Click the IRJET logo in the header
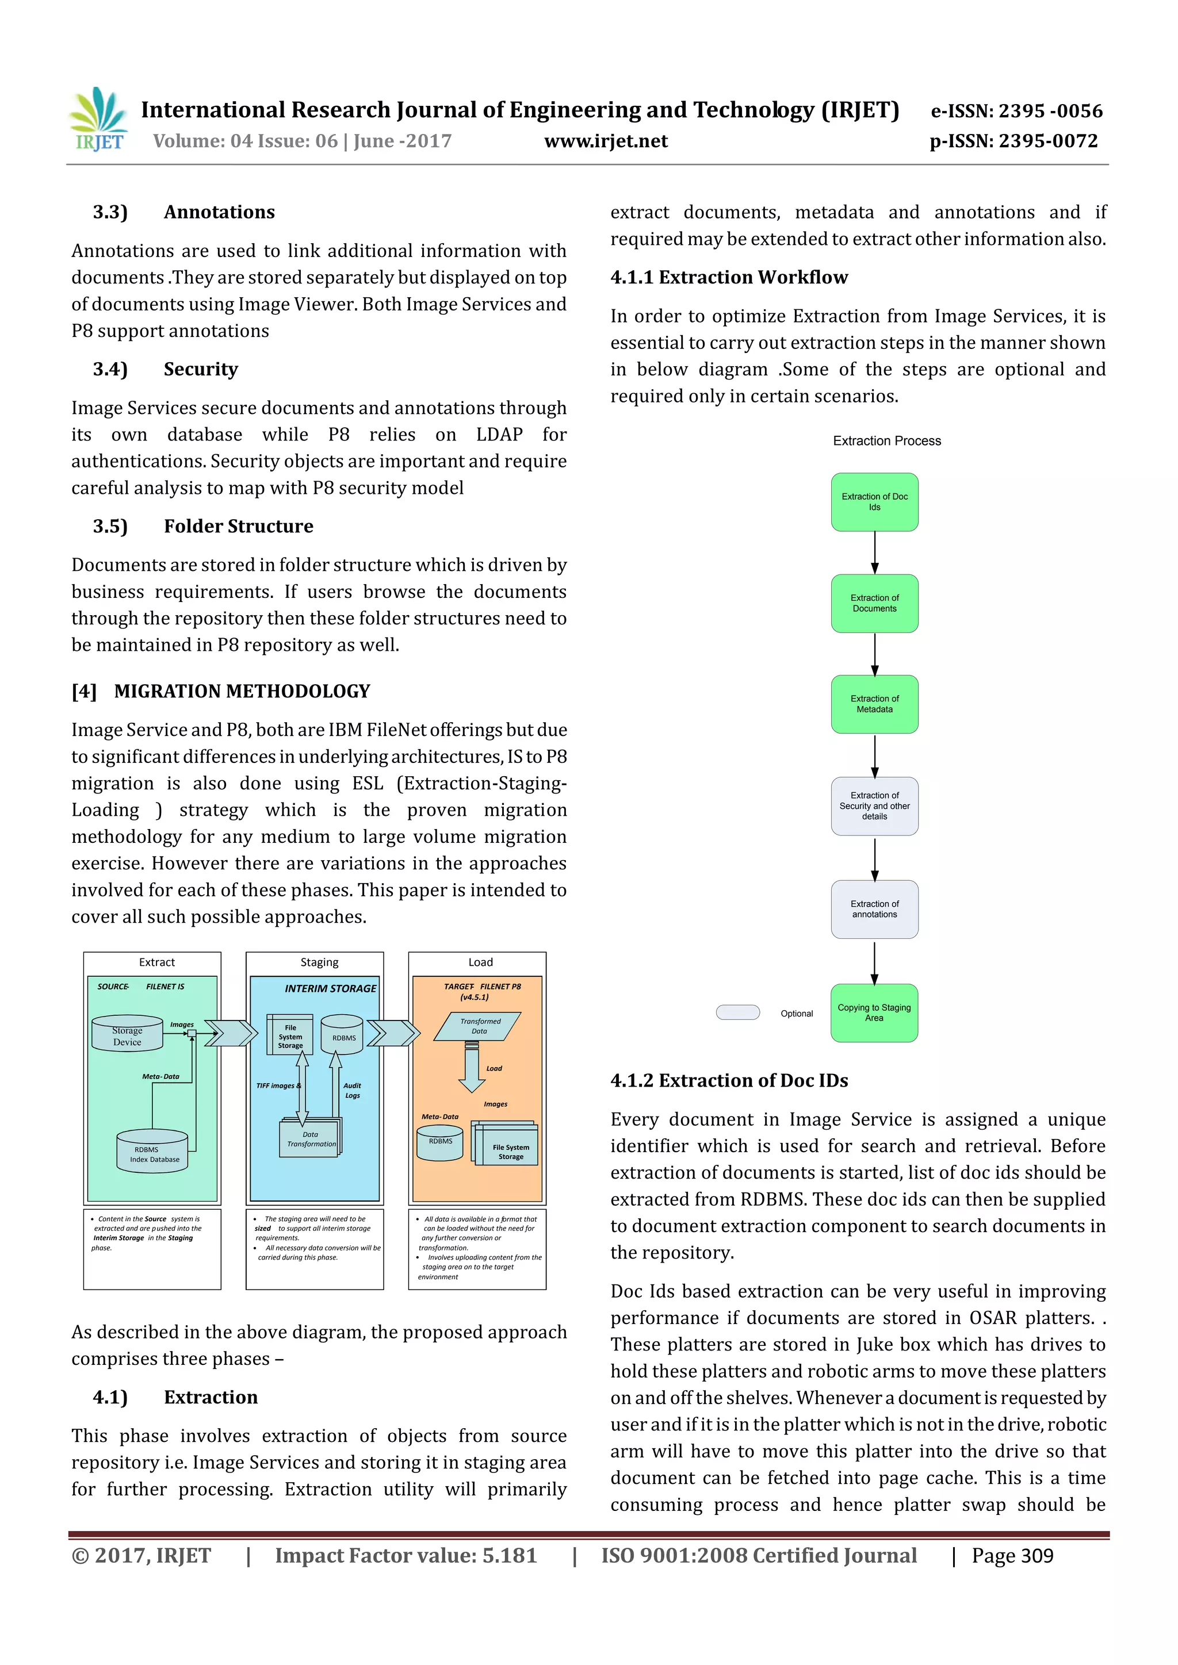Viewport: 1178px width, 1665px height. [x=98, y=120]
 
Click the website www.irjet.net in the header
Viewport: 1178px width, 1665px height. [x=606, y=141]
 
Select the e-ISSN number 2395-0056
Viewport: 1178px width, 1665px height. [x=1016, y=111]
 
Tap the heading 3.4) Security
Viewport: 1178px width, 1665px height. [x=166, y=369]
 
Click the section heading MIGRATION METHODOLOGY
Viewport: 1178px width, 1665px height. [x=242, y=691]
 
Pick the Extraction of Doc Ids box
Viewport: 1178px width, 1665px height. [x=874, y=502]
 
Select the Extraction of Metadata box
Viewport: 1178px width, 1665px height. [x=874, y=704]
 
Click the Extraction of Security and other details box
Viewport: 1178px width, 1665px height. [x=874, y=805]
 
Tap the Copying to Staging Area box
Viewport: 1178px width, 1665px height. [x=874, y=1012]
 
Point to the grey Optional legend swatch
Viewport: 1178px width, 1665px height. [x=738, y=1012]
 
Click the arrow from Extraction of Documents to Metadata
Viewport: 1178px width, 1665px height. [x=875, y=654]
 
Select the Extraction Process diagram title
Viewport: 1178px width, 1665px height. [x=886, y=441]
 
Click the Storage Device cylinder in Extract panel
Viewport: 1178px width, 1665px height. [x=128, y=1034]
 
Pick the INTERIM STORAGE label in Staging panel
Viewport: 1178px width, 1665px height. [x=330, y=988]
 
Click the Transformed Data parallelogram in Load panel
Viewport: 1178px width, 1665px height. [x=478, y=1026]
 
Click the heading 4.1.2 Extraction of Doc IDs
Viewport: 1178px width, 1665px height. [x=729, y=1080]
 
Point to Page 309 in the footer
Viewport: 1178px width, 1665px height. [x=1012, y=1556]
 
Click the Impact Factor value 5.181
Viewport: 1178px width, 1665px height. [x=406, y=1556]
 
